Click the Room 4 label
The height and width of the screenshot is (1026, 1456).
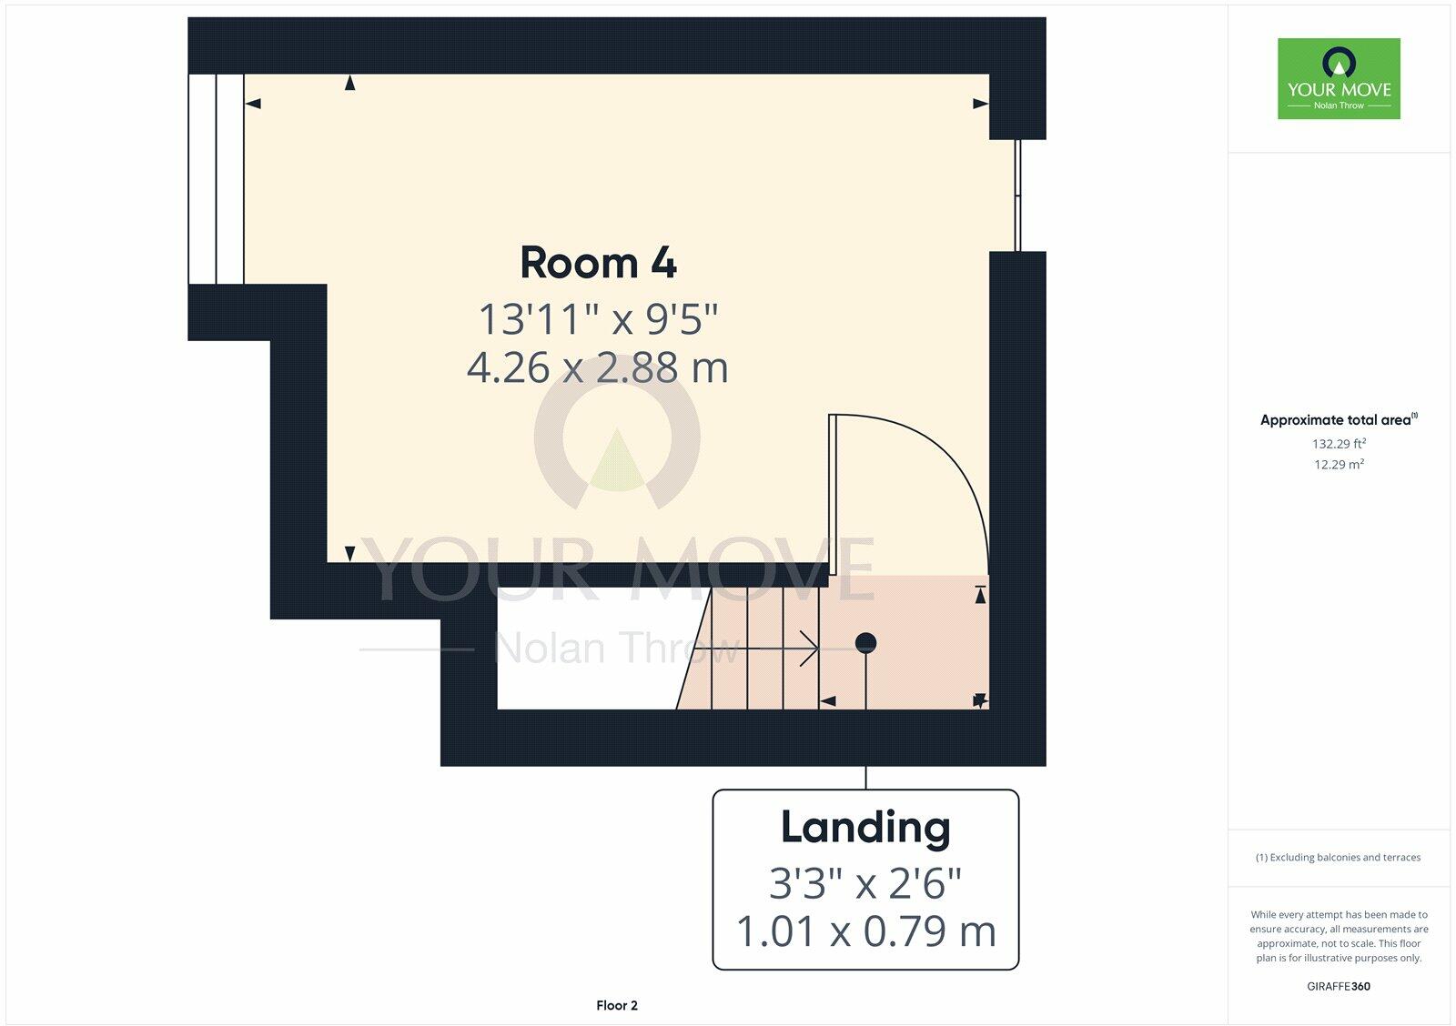598,264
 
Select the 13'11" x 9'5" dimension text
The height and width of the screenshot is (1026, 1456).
598,320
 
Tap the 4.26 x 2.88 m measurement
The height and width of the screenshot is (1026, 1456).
598,368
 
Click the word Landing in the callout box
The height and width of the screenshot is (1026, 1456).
865,828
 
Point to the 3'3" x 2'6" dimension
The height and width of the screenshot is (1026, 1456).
865,882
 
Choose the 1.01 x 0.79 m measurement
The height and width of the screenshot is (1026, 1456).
865,931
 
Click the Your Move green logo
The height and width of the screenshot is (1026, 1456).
1339,78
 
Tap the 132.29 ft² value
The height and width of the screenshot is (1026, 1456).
1339,444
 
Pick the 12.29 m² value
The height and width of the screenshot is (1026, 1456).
1339,465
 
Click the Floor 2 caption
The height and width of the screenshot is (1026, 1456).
617,1005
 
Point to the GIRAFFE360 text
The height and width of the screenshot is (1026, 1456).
1339,986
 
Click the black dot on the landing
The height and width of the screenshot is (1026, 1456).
865,643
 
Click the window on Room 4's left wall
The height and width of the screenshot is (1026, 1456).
217,179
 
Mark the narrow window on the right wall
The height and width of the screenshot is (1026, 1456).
1017,195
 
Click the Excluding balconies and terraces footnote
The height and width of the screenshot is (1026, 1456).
1338,857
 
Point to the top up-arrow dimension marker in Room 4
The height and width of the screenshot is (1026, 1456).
349,84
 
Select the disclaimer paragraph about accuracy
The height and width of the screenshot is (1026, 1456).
1339,936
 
